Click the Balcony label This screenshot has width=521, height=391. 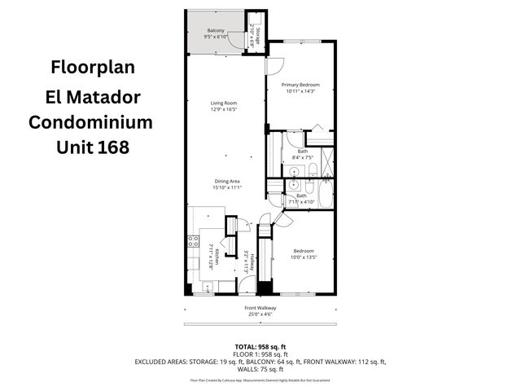click(x=216, y=30)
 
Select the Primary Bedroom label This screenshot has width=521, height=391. click(x=300, y=85)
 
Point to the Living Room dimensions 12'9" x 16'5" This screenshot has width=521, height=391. click(x=224, y=110)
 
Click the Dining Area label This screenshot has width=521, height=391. click(x=227, y=181)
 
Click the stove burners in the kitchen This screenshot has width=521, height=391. click(x=193, y=241)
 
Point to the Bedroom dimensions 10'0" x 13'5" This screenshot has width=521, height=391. click(x=304, y=257)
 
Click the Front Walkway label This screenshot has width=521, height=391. click(x=260, y=307)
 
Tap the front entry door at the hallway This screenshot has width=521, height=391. click(x=246, y=284)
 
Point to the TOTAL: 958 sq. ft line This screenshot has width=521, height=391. click(x=260, y=346)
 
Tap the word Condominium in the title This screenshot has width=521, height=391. click(x=90, y=122)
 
